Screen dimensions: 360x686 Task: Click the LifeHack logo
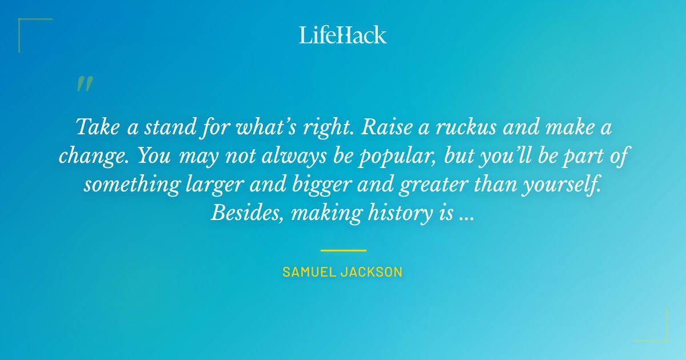(343, 35)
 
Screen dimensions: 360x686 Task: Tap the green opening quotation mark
(84, 84)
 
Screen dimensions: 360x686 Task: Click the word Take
(99, 126)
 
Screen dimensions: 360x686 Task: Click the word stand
(170, 126)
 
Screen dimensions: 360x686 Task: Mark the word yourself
(557, 185)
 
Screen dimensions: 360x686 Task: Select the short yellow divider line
(343, 250)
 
